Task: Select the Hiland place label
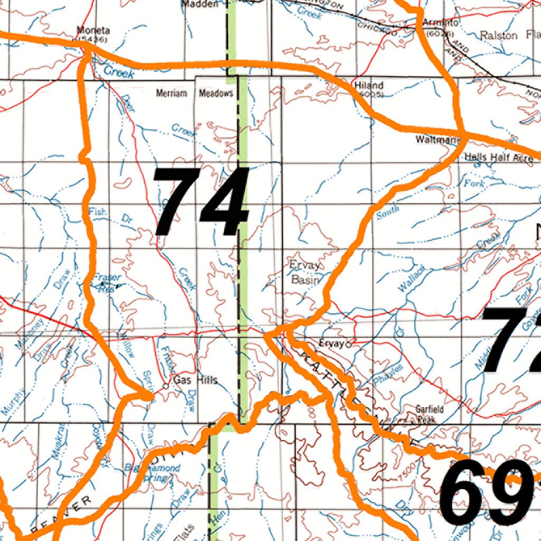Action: point(369,85)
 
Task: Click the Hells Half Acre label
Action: point(498,157)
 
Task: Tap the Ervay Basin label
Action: point(305,272)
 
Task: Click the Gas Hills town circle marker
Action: point(165,386)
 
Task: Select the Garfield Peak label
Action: point(429,415)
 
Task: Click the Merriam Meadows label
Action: point(194,94)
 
